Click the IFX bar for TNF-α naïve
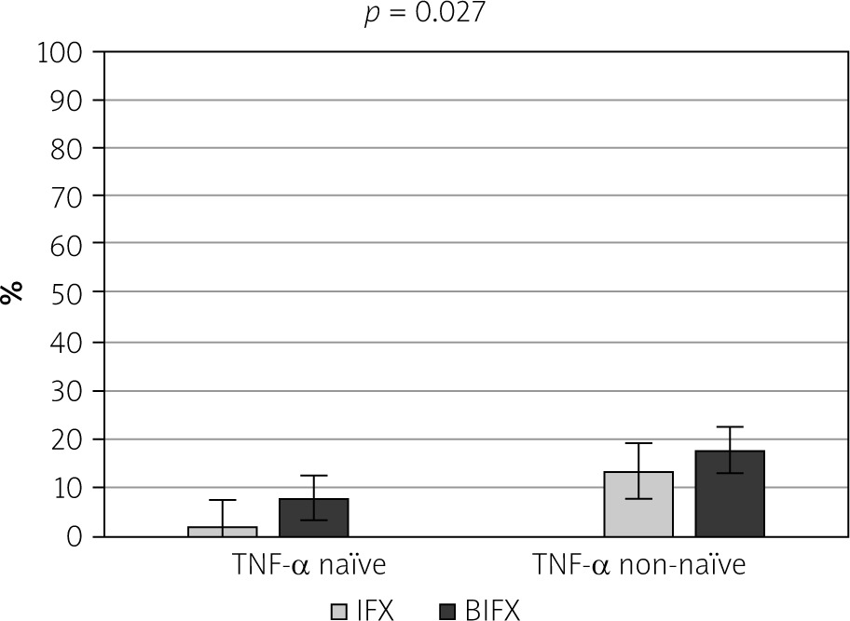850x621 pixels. pyautogui.click(x=222, y=532)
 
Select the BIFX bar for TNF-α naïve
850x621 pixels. pyautogui.click(x=313, y=518)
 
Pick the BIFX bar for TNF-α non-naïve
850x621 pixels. pyautogui.click(x=730, y=493)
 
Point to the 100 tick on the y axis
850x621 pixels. pyautogui.click(x=62, y=52)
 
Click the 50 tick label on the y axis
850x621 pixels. pyautogui.click(x=72, y=292)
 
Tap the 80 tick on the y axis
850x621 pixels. pyautogui.click(x=72, y=148)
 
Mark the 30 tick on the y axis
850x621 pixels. pyautogui.click(x=72, y=391)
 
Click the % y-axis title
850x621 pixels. pyautogui.click(x=12, y=293)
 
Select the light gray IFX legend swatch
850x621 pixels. pyautogui.click(x=339, y=611)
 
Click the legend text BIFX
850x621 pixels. pyautogui.click(x=493, y=611)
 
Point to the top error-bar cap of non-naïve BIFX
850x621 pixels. pyautogui.click(x=730, y=427)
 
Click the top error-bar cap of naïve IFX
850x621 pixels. pyautogui.click(x=222, y=500)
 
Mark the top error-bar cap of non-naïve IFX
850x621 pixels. pyautogui.click(x=638, y=443)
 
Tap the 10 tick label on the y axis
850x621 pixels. pyautogui.click(x=72, y=488)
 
